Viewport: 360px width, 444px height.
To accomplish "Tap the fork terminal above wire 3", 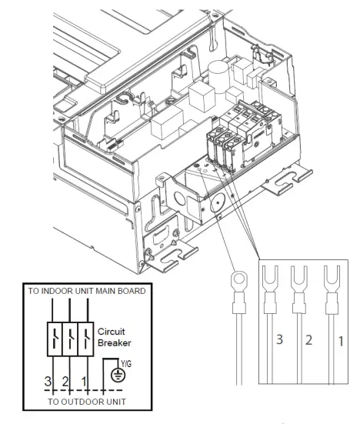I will (271, 282).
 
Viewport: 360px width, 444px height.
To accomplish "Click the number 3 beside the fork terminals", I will (282, 339).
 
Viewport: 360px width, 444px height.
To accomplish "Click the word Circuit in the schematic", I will (112, 332).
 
